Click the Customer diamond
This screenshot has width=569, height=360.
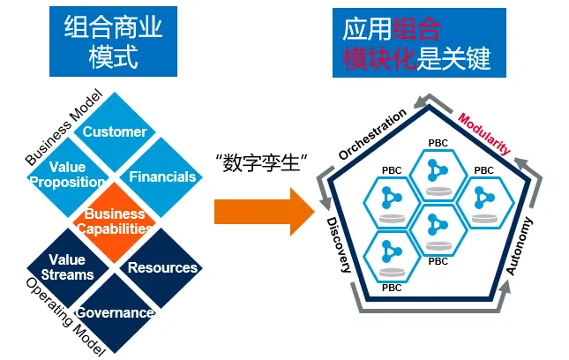pyautogui.click(x=115, y=131)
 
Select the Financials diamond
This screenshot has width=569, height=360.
pyautogui.click(x=161, y=177)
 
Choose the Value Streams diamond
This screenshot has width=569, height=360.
pyautogui.click(x=68, y=268)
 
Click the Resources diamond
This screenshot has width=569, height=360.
pyautogui.click(x=161, y=268)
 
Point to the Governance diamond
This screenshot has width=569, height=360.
pyautogui.click(x=115, y=313)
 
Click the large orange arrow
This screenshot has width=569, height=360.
pyautogui.click(x=264, y=212)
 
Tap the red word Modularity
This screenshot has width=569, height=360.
pyautogui.click(x=483, y=133)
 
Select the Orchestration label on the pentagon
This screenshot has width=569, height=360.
pyautogui.click(x=372, y=134)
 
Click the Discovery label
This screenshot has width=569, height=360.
pyautogui.click(x=339, y=245)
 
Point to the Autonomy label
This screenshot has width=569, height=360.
pyautogui.click(x=520, y=246)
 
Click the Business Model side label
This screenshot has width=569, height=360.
pyautogui.click(x=64, y=127)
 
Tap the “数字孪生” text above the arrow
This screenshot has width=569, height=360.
pyautogui.click(x=261, y=163)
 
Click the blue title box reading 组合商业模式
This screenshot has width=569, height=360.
pyautogui.click(x=113, y=41)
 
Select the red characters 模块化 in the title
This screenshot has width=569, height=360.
pyautogui.click(x=378, y=58)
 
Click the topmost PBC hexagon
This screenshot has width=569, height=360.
pyautogui.click(x=438, y=176)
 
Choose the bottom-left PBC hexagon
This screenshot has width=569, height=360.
pyautogui.click(x=392, y=257)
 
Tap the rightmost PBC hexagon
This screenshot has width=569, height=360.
pyautogui.click(x=484, y=203)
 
